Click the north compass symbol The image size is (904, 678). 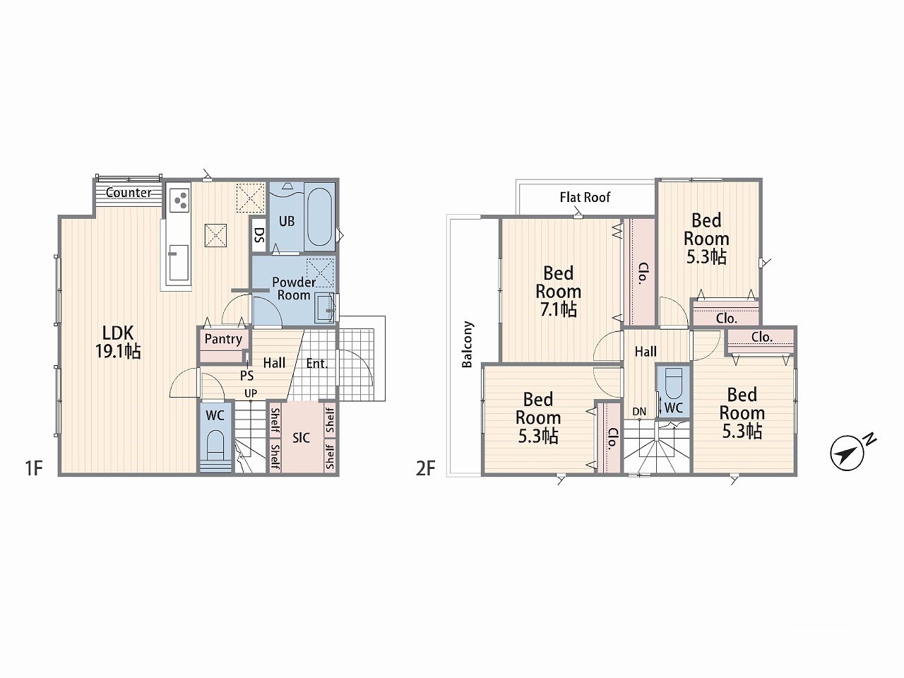(x=847, y=453)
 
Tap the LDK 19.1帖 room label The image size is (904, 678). (x=118, y=342)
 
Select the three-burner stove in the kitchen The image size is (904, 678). (x=179, y=201)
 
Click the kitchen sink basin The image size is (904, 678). (x=179, y=263)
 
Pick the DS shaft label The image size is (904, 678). (x=258, y=234)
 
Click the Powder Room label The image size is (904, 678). (x=294, y=289)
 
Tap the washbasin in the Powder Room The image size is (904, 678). (x=326, y=307)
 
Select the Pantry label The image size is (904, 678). (x=223, y=339)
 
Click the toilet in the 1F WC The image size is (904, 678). (x=215, y=446)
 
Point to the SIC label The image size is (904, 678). (x=301, y=438)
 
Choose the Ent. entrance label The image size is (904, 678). (x=316, y=364)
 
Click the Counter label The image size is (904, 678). (x=129, y=192)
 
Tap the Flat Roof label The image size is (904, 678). (x=585, y=197)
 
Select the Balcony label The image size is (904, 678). (x=467, y=344)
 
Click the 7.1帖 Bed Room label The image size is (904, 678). (x=559, y=291)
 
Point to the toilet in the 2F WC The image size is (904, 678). (x=673, y=382)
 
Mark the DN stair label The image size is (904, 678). (x=639, y=411)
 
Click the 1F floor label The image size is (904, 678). (x=34, y=468)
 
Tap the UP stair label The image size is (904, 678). (x=251, y=393)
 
